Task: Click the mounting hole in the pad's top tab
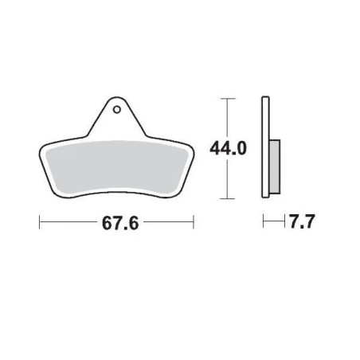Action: [x=117, y=109]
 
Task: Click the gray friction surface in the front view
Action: [x=117, y=166]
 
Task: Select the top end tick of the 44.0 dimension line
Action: [x=228, y=99]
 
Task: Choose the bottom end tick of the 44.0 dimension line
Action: [x=228, y=198]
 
